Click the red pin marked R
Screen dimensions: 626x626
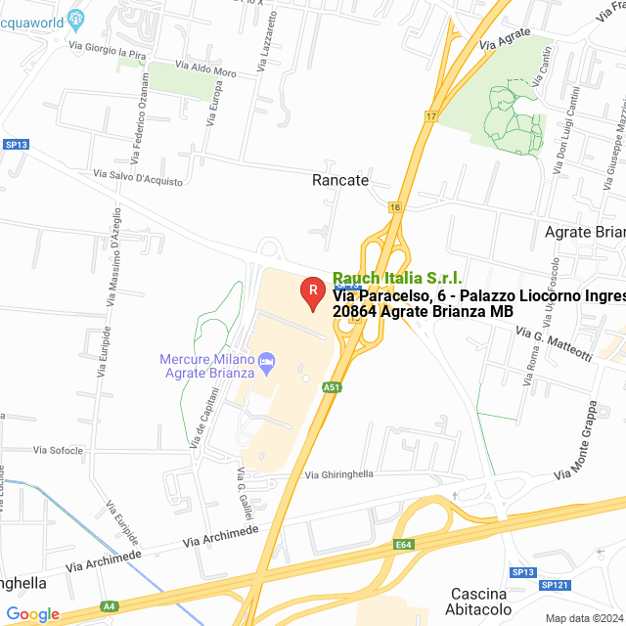coord(312,291)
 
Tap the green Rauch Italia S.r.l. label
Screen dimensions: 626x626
coord(397,279)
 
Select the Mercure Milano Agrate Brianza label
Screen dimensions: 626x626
coord(206,366)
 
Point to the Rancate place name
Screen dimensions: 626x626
coord(340,180)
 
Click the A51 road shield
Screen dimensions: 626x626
coord(332,387)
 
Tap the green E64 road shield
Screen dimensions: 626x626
coord(404,545)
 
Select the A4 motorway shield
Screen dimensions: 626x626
coord(110,606)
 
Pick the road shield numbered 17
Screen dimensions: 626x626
coord(431,116)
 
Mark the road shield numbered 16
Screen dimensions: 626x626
coord(395,207)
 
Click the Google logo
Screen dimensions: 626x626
coord(32,614)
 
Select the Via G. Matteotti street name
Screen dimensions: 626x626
coord(553,344)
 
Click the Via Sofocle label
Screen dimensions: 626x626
coord(58,450)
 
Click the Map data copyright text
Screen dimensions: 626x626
coord(583,618)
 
